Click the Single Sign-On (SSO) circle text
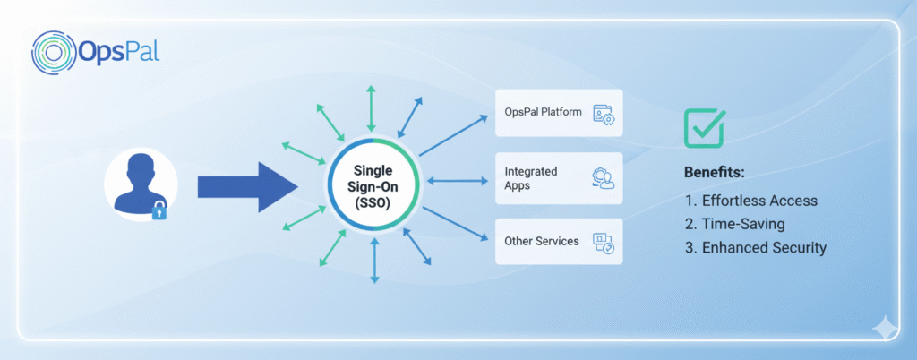(x=373, y=184)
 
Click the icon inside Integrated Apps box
(x=603, y=178)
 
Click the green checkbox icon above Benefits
(x=704, y=128)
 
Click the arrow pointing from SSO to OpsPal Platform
(x=455, y=134)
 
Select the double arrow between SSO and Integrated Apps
(x=457, y=182)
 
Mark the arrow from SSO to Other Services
(x=455, y=226)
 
